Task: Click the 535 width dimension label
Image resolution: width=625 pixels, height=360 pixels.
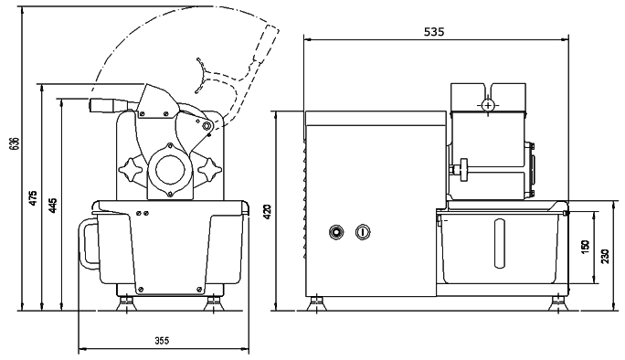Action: pos(434,31)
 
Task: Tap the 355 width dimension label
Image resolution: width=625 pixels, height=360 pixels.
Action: pos(162,341)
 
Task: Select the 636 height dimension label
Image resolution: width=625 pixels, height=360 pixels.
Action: pos(14,144)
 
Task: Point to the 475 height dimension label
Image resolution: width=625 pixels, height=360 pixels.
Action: pos(34,197)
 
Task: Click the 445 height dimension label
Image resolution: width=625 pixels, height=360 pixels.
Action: pos(54,206)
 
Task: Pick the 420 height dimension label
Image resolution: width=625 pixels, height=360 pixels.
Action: pos(268,211)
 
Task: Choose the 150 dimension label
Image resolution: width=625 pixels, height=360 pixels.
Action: pos(585,247)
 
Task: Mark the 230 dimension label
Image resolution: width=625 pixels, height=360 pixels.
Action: pos(605,256)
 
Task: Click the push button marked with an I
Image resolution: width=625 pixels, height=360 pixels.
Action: pos(363,232)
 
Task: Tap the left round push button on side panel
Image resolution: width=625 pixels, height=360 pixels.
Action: pos(336,232)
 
